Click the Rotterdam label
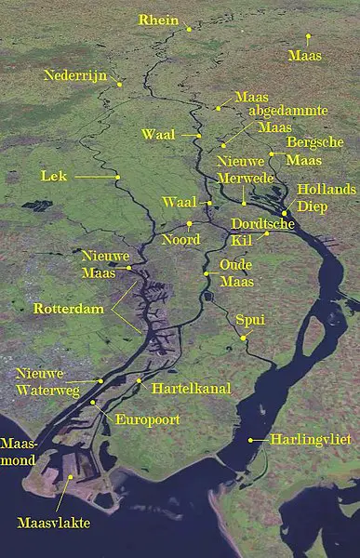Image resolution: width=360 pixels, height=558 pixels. point(67,308)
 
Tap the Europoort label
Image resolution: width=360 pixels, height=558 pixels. point(147,419)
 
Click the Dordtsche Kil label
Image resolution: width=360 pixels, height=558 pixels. point(262,232)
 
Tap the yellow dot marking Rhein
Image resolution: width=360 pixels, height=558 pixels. point(189,30)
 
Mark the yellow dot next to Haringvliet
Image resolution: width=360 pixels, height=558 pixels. point(250,439)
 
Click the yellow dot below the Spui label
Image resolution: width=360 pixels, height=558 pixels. point(244,339)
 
